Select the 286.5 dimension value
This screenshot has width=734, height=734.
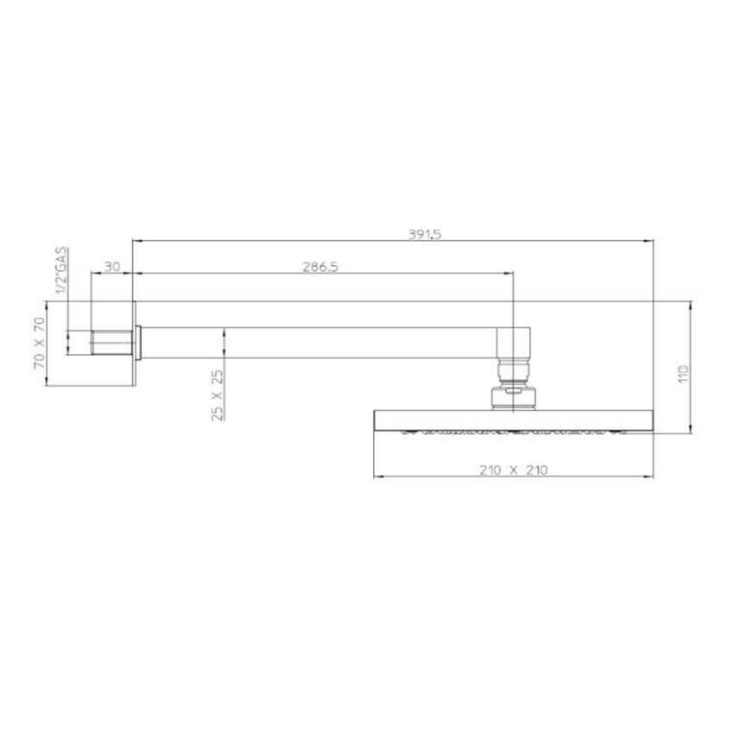coord(320,268)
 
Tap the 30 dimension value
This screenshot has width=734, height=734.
coord(112,268)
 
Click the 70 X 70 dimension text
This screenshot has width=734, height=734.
coord(38,343)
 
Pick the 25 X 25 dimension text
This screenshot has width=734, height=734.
coord(217,395)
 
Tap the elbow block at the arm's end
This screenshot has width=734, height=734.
coord(515,343)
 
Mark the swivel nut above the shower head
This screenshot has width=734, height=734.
coord(515,396)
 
